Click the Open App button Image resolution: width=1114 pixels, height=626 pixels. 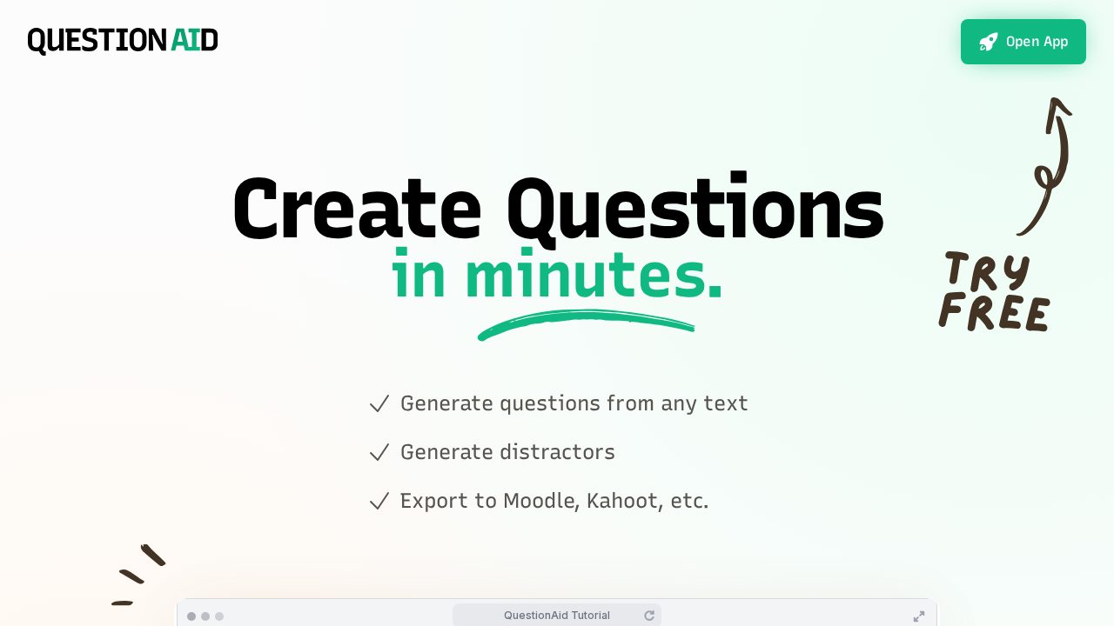pos(1023,42)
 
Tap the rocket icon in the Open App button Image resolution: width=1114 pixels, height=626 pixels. pos(989,42)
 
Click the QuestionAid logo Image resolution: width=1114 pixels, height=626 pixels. pos(123,41)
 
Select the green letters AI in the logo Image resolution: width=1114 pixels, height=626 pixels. pos(185,41)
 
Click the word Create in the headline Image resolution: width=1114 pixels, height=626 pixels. pos(356,210)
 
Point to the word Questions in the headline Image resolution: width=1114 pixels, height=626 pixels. pos(695,210)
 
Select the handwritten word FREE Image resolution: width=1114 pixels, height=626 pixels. pos(994,312)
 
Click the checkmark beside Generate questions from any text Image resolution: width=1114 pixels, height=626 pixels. pos(379,404)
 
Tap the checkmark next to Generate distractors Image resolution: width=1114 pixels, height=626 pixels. pos(379,453)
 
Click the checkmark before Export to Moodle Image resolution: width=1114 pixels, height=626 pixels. pos(379,502)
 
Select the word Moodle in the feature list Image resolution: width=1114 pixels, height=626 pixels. pos(541,501)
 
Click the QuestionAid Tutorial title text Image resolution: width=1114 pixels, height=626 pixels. pos(557,616)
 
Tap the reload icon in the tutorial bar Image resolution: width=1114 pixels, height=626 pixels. pos(649,616)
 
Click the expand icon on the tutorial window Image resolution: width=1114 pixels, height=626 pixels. pos(919,616)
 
